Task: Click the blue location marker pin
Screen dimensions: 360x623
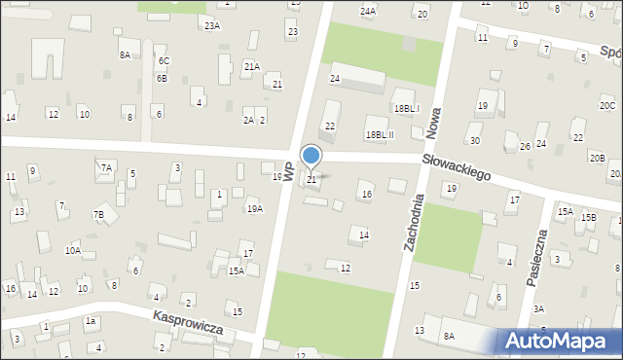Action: pos(311,157)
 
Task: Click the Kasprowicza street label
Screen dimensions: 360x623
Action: pos(188,323)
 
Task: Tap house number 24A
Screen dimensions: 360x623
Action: pos(367,12)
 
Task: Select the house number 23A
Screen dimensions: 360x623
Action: pos(212,26)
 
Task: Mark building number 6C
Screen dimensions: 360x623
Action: pos(164,61)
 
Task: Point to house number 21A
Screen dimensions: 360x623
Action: pos(251,66)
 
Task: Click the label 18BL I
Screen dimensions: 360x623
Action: pos(406,108)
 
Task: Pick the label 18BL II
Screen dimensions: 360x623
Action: pos(379,134)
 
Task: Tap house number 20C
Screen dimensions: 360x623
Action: pos(607,105)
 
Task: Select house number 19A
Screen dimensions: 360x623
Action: pos(254,208)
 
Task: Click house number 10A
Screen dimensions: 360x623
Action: pos(73,250)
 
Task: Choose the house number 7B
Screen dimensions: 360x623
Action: pos(98,214)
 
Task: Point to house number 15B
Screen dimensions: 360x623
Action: pos(589,217)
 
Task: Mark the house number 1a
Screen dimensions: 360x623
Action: pos(91,321)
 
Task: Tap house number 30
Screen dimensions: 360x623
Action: pos(474,141)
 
